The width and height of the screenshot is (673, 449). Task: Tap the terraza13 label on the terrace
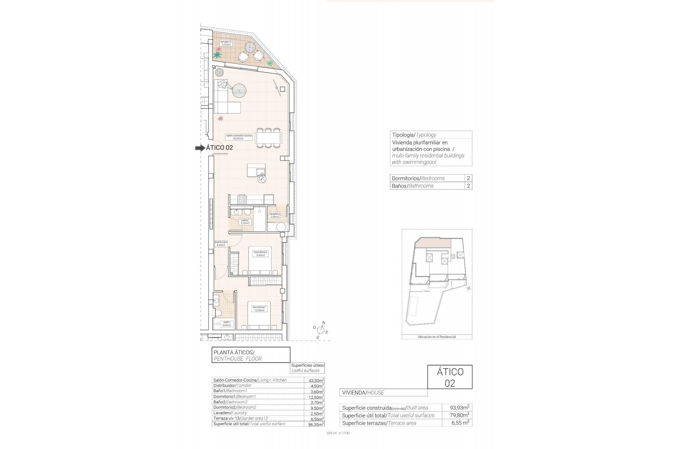226,43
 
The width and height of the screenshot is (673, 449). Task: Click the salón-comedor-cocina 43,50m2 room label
238,137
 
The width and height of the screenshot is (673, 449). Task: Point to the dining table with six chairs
268,137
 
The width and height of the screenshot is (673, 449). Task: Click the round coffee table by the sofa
240,92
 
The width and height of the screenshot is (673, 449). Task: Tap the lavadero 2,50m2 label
274,215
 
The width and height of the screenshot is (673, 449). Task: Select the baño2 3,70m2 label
245,222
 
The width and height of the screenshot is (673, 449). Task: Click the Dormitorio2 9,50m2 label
260,254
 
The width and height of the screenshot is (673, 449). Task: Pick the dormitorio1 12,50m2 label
259,309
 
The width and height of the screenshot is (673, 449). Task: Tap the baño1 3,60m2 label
227,323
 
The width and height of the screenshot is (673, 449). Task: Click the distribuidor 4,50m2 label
221,243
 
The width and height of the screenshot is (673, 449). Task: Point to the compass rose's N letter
324,323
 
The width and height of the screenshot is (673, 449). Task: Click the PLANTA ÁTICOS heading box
251,355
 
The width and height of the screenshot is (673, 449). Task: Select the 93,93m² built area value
460,408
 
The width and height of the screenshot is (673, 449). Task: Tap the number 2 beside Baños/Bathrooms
468,186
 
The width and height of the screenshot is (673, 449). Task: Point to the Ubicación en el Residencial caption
437,337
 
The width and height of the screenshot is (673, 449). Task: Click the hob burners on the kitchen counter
242,200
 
